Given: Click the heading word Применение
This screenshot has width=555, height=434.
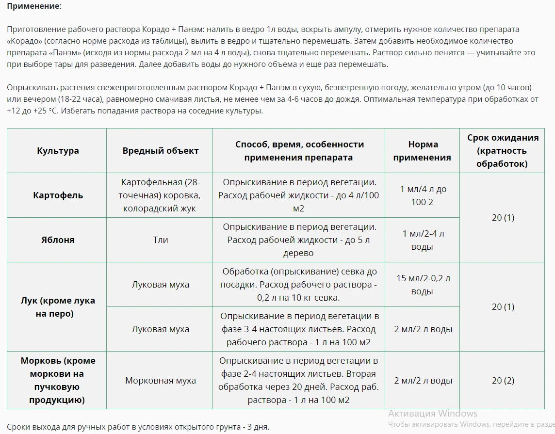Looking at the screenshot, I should click(34, 7).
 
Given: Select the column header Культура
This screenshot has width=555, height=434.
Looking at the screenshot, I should click(58, 151).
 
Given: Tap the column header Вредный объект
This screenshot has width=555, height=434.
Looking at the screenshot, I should click(161, 151).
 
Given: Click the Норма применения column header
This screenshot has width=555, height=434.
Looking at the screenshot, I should click(422, 151).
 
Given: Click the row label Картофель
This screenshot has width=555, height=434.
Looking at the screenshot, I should click(58, 195).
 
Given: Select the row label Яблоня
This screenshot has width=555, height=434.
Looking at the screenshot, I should click(58, 240).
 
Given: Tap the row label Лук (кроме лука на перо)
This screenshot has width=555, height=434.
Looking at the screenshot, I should click(58, 307).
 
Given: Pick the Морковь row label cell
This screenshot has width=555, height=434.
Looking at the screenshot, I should click(58, 381).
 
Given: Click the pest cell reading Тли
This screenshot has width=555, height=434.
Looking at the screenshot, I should click(161, 240).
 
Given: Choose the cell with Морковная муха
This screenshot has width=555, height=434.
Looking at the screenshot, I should click(161, 381).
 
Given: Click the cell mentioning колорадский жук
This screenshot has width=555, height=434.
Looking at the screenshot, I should click(161, 195).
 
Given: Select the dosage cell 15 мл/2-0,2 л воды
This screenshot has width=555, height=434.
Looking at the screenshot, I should click(422, 285).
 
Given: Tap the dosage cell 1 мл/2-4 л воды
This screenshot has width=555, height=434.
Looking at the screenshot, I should click(422, 240).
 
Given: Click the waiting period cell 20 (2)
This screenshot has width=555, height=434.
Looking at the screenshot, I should click(503, 381).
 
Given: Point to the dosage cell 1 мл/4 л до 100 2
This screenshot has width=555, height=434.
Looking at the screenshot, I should click(422, 195).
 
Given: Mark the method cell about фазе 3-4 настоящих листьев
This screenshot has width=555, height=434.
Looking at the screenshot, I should click(298, 329).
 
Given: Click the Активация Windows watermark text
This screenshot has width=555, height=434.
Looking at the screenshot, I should click(433, 414).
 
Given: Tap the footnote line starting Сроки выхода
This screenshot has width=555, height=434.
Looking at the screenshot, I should click(138, 427).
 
